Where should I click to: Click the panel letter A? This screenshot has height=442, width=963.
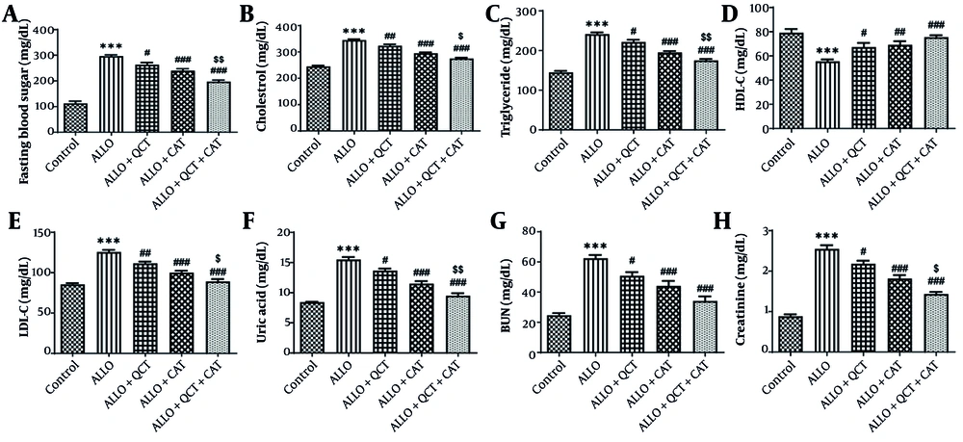click(x=12, y=13)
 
